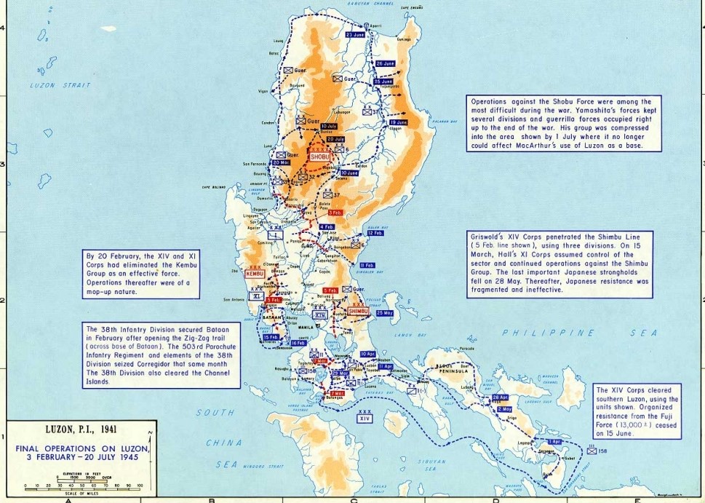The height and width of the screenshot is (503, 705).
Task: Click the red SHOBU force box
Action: click(x=319, y=156)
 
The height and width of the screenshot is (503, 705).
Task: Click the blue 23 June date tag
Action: click(x=355, y=34)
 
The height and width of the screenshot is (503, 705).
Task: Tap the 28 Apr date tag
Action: click(x=500, y=397)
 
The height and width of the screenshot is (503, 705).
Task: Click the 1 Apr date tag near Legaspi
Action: click(x=555, y=442)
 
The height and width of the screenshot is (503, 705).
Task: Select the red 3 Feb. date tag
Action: click(x=335, y=213)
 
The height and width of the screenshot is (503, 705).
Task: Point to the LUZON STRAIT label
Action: click(x=52, y=85)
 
